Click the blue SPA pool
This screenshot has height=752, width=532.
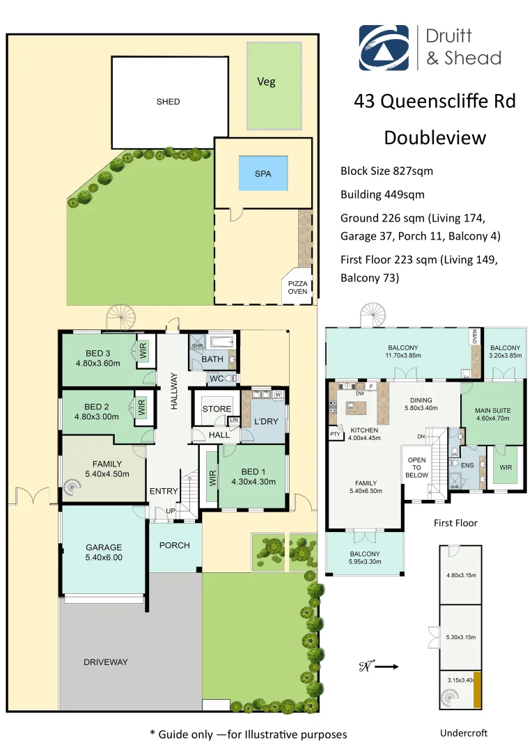pos(263,174)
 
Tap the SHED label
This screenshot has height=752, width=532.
pos(168,102)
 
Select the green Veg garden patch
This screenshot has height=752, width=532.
pos(274,85)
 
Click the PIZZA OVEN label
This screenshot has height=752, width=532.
pos(297,288)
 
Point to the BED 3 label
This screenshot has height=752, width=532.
pos(97,353)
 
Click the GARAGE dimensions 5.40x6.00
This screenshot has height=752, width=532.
pos(104,557)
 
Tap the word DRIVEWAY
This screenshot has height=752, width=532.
pos(106,662)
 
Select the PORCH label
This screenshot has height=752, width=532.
pos(174,545)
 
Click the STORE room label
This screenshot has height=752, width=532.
pos(217,409)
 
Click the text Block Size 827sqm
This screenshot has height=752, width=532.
pos(383,171)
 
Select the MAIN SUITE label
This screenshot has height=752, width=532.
pos(492,411)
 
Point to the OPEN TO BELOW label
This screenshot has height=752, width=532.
pos(416,468)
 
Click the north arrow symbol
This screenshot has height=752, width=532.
pos(379,666)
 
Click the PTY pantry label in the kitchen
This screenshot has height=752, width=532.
pos(336,434)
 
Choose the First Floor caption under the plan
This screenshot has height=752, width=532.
pos(455,523)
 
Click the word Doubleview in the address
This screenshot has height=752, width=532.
pos(435,138)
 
